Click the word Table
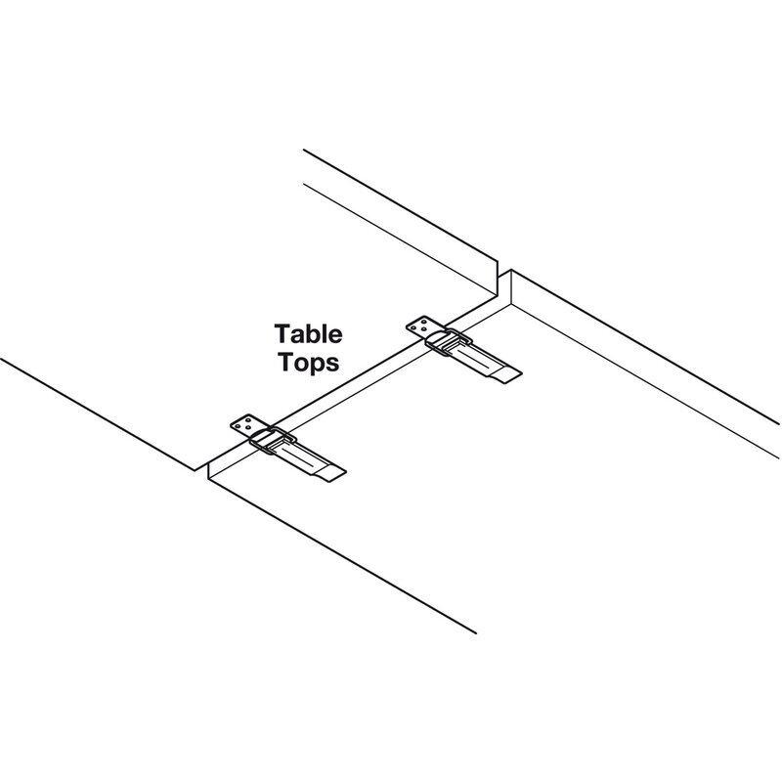coord(308,333)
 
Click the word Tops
coord(309,362)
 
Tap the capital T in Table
coord(282,333)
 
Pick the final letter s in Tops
coord(334,364)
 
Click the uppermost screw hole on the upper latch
coord(424,322)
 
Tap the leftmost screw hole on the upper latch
coord(414,327)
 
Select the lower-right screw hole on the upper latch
coord(424,330)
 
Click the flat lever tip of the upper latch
coord(508,375)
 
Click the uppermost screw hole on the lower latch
coord(248,420)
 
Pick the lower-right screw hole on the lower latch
coord(248,429)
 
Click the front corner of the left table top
coord(195,470)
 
